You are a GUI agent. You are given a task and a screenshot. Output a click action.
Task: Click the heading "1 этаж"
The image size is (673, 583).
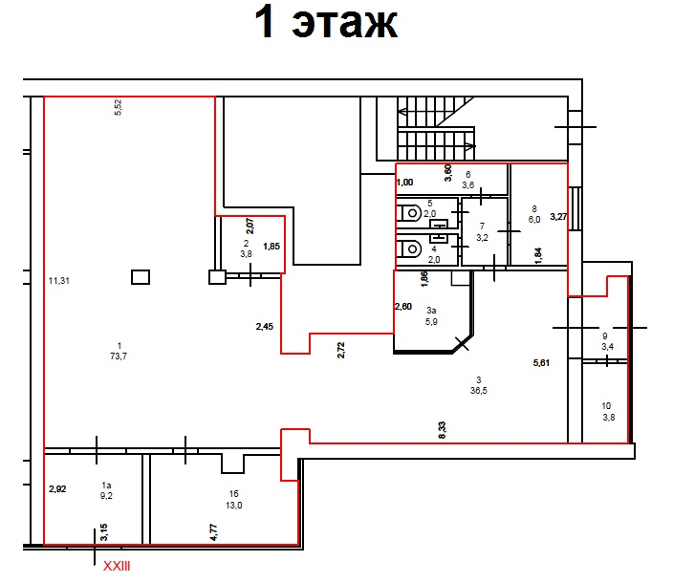[326, 23]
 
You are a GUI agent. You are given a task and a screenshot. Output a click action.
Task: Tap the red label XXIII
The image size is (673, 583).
[117, 566]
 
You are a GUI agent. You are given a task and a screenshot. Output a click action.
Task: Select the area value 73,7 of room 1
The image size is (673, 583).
[119, 356]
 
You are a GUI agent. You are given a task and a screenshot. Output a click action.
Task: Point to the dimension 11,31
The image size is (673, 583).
[59, 281]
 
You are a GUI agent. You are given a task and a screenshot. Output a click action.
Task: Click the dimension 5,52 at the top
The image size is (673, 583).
[118, 107]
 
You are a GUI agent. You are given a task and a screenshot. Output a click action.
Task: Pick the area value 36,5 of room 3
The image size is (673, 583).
[479, 390]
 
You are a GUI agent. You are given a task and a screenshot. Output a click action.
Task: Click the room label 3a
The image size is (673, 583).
[431, 310]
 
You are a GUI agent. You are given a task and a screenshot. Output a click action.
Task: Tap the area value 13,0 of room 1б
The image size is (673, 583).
[234, 506]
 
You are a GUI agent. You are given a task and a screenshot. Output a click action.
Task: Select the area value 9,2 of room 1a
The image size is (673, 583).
[106, 495]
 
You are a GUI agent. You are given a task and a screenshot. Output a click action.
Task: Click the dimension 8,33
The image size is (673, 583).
[442, 430]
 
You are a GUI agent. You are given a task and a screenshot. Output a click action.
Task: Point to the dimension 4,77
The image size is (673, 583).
[214, 532]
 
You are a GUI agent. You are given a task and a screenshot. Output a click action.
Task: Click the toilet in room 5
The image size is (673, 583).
[408, 213]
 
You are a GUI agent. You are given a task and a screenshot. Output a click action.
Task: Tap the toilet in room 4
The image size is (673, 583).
[408, 248]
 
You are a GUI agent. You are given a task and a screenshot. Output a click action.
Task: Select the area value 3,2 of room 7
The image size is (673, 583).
[482, 237]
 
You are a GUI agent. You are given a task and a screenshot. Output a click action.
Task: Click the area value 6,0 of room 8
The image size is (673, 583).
[534, 219]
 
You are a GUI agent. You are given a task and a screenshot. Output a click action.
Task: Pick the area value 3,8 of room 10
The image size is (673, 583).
[609, 417]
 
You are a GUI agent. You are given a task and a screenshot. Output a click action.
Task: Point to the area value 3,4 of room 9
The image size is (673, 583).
[607, 347]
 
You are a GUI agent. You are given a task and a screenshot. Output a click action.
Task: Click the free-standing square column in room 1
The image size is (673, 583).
[141, 277]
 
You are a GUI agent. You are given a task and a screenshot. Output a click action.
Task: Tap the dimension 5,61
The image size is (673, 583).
[541, 363]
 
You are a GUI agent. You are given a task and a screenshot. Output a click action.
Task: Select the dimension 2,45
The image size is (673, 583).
[265, 327]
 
